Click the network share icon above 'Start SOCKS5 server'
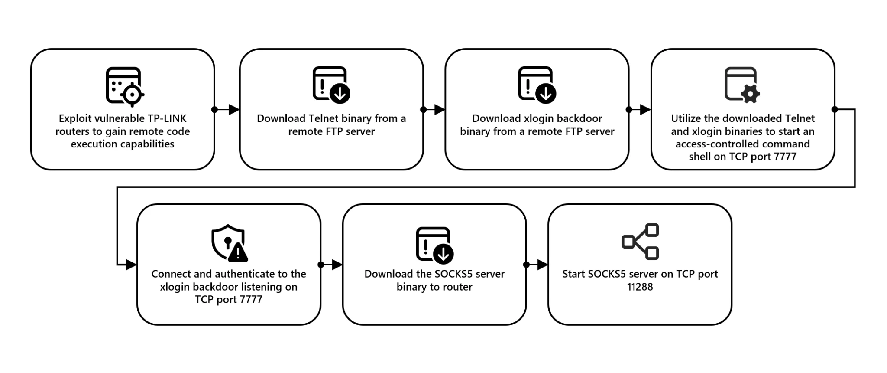coord(640,242)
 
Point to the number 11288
coord(640,287)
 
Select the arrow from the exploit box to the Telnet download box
coord(227,109)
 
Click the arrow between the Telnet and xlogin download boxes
coord(434,109)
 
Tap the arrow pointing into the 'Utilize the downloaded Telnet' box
coord(640,109)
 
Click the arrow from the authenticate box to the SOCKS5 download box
coord(332,265)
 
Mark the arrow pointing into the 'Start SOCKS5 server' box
coord(537,265)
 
